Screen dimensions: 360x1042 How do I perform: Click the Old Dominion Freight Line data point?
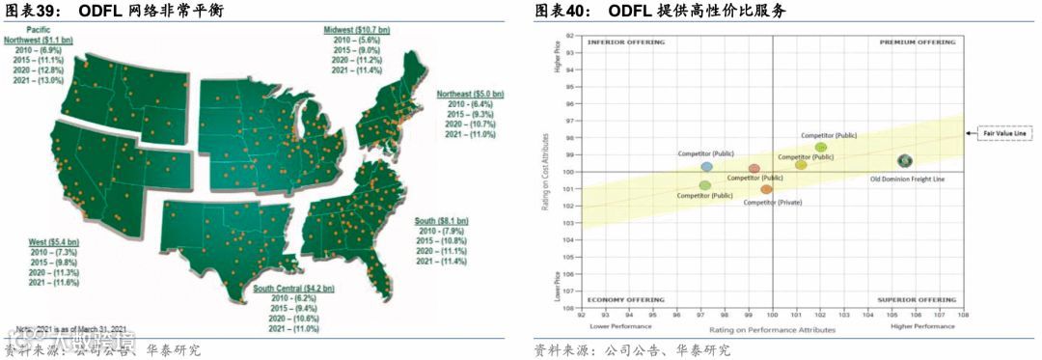(905, 161)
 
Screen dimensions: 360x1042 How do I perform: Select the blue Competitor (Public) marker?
(707, 167)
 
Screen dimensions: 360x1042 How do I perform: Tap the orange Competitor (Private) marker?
(766, 189)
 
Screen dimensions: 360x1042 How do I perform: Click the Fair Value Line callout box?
(1004, 134)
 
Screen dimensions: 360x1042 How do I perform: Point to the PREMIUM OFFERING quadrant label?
(918, 42)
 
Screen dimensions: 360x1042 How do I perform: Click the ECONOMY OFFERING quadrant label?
(626, 300)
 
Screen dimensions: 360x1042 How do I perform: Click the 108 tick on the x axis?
(962, 315)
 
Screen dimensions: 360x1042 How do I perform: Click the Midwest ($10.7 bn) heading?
(358, 32)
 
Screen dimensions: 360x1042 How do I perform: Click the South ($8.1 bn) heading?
(444, 221)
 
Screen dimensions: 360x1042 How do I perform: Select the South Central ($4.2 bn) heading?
(293, 289)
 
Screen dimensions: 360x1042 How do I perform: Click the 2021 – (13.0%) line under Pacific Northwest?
(39, 80)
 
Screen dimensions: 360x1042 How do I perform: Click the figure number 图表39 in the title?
(27, 10)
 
